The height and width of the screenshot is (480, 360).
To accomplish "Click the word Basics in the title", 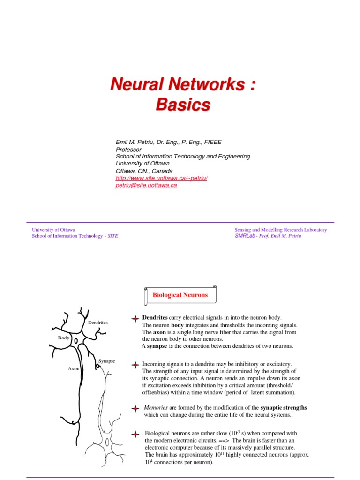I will tap(183, 105).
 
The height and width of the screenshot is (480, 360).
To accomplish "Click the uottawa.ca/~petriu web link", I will tap(161, 178).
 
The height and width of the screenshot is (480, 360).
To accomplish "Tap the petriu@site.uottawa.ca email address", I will tap(146, 185).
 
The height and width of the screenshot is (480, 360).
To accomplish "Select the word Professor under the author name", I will tap(128, 150).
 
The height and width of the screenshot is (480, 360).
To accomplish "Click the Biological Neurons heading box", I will tap(180, 295).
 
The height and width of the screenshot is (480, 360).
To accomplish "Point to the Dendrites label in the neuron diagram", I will tap(97, 322).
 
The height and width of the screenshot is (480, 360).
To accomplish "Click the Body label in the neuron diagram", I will tap(63, 337).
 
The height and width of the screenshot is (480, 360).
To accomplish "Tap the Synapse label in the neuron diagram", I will tap(107, 361).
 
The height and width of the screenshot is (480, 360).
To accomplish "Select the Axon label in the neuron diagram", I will tap(74, 368).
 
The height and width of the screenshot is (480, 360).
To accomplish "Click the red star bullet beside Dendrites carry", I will tap(135, 318).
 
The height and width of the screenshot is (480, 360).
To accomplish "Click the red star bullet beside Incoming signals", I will tap(135, 365).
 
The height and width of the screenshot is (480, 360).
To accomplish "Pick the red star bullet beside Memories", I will tap(135, 408).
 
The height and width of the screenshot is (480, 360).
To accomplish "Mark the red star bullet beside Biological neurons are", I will tap(135, 434).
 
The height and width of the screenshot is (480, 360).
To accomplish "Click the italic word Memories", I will tap(155, 408).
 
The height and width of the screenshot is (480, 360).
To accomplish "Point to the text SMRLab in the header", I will tap(244, 236).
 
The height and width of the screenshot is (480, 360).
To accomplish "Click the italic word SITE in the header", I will tap(113, 236).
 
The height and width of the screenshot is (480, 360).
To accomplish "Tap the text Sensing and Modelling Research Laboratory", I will tap(280, 230).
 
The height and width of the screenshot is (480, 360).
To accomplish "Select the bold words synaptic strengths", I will tap(284, 408).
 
